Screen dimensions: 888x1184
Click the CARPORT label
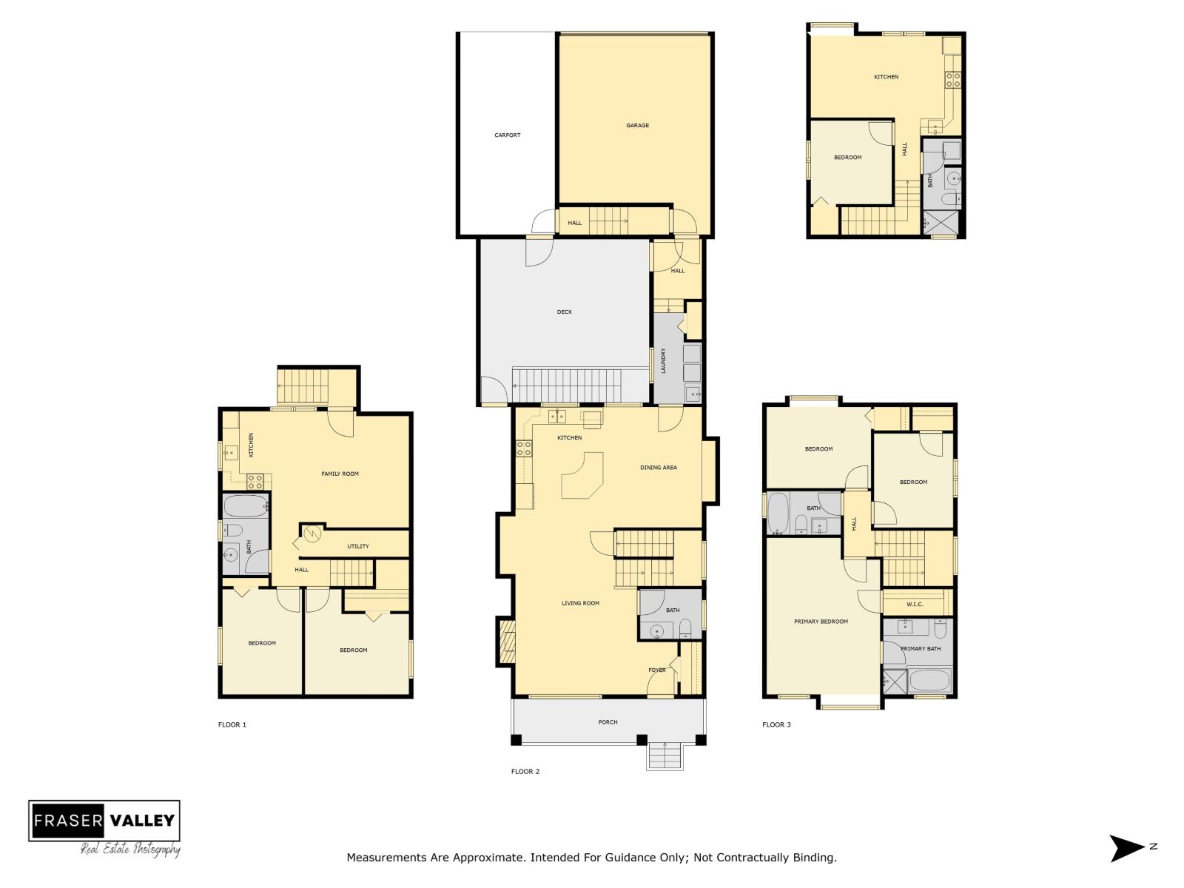(x=508, y=135)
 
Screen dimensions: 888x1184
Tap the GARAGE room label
(x=637, y=126)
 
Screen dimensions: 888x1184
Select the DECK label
(x=565, y=312)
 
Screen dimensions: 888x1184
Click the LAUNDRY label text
(x=664, y=360)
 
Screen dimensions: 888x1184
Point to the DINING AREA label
(x=659, y=468)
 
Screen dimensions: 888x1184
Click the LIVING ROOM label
(x=580, y=603)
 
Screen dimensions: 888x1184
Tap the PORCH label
(x=608, y=722)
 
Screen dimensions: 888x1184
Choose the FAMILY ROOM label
(x=340, y=474)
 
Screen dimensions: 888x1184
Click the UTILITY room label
(x=358, y=547)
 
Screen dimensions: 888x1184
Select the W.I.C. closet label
(x=915, y=605)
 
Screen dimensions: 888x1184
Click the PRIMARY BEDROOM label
(x=821, y=622)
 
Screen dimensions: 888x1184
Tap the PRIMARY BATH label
(x=921, y=649)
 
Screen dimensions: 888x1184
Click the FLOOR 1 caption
(x=232, y=724)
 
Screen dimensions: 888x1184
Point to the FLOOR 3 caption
(x=776, y=724)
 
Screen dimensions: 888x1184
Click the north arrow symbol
(x=1126, y=847)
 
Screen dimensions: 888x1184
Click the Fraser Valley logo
(x=104, y=821)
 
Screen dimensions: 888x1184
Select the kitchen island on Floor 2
(x=582, y=477)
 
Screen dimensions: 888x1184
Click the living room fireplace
(x=507, y=641)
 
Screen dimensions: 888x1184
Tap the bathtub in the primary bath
(x=929, y=680)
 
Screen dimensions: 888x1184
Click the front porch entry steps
(x=665, y=756)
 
